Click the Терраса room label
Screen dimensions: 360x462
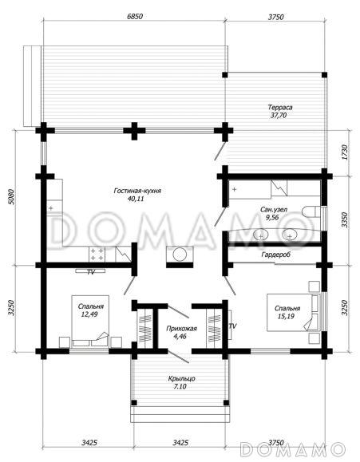[x=280, y=107]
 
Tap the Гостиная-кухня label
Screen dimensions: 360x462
[x=137, y=191]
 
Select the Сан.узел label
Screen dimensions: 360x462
[x=274, y=210]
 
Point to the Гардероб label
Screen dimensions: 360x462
[x=275, y=254]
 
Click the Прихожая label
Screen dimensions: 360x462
[x=181, y=328]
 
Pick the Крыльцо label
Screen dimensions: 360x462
[x=181, y=378]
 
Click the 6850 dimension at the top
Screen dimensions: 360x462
[x=135, y=16]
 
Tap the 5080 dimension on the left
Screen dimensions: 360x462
[x=11, y=197]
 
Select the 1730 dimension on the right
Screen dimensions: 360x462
[x=345, y=152]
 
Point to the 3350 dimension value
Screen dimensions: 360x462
[x=345, y=219]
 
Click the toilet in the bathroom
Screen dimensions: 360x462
[x=311, y=211]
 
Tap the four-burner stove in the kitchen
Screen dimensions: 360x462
[x=97, y=255]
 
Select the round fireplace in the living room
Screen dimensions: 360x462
[x=180, y=254]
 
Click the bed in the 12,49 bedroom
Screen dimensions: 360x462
[x=90, y=321]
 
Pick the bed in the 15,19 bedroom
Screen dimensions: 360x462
[x=294, y=312]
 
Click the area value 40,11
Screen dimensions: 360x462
[x=136, y=199]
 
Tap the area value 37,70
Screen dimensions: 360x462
[x=279, y=115]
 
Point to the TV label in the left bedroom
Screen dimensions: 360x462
[x=91, y=272]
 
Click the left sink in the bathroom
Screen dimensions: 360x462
[x=261, y=235]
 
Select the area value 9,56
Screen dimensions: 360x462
[x=272, y=218]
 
